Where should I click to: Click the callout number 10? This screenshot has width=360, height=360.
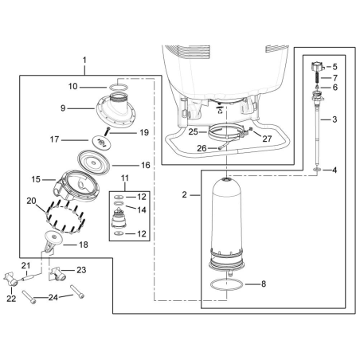[x=93, y=85]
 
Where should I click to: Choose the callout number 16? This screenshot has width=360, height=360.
[x=145, y=165]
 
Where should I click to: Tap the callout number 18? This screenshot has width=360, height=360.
[x=82, y=245]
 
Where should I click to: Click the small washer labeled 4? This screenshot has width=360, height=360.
[x=318, y=170]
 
